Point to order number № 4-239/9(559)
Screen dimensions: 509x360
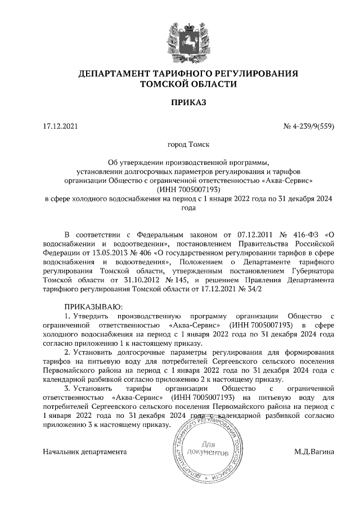tap(309, 126)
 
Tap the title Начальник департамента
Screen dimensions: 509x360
tap(84, 451)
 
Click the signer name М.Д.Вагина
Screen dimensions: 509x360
tap(313, 451)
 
